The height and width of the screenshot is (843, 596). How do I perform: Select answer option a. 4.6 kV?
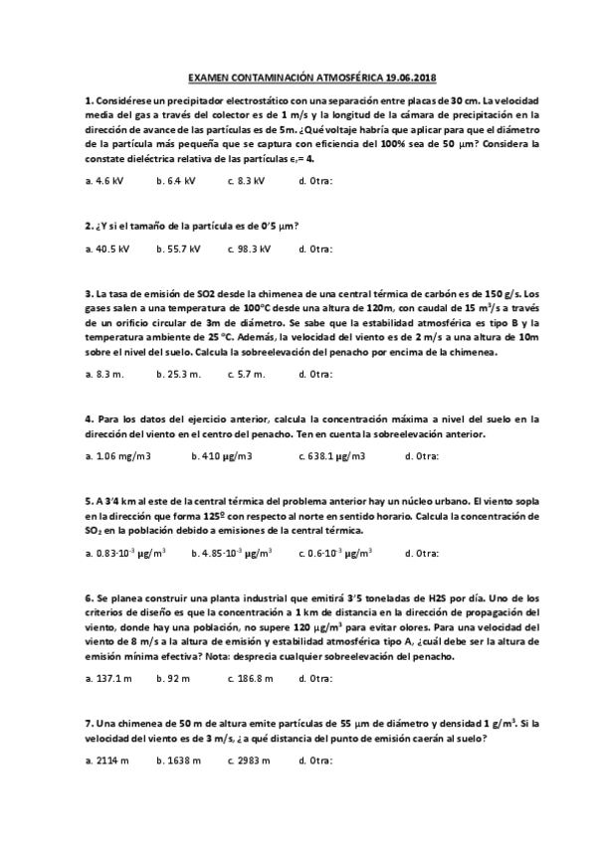click(104, 181)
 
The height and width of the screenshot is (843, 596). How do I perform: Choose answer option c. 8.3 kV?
click(246, 181)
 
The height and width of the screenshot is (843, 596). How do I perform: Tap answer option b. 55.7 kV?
click(178, 249)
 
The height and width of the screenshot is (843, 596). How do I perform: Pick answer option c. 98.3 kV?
click(249, 249)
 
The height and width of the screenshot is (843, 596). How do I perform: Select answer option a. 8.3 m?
click(104, 374)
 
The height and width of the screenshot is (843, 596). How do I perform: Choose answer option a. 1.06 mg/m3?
click(117, 456)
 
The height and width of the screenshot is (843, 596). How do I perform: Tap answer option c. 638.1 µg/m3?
click(331, 456)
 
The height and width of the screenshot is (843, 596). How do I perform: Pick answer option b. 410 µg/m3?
click(221, 456)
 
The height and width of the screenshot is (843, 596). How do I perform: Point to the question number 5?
click(90, 501)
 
